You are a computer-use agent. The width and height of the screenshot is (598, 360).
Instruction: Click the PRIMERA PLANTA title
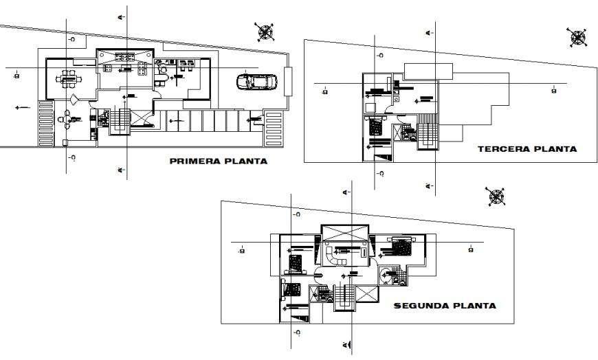[x=218, y=162]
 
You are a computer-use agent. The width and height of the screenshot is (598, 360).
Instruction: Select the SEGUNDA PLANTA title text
[x=445, y=306]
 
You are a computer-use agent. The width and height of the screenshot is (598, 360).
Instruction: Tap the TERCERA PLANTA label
[x=527, y=148]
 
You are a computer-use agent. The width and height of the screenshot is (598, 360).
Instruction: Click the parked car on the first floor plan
[x=257, y=82]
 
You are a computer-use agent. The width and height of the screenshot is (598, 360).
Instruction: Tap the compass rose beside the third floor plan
[x=576, y=37]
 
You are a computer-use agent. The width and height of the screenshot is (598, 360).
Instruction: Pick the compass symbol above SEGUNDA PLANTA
[x=496, y=196]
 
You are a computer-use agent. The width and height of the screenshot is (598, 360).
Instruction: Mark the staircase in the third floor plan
[x=428, y=133]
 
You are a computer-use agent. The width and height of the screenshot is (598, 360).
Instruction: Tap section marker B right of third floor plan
[x=553, y=90]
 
